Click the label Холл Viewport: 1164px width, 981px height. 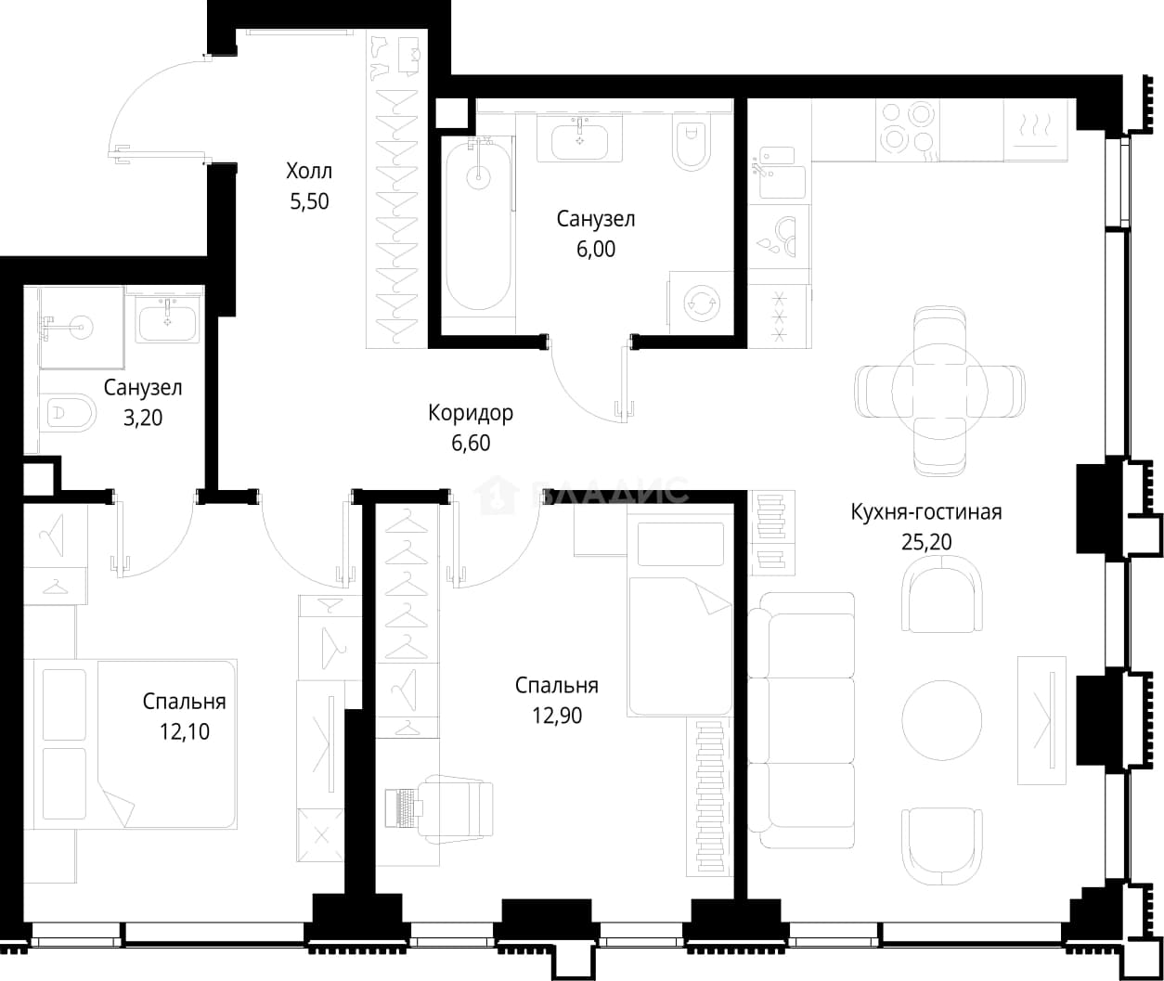click(309, 171)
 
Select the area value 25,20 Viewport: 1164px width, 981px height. click(926, 541)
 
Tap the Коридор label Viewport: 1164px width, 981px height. click(471, 413)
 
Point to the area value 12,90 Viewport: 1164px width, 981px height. click(557, 716)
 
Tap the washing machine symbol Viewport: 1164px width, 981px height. click(701, 303)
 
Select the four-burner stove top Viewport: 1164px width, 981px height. click(908, 131)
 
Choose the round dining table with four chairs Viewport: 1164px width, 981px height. click(940, 391)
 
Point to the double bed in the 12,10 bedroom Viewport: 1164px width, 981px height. click(135, 744)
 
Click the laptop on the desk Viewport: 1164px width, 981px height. click(403, 807)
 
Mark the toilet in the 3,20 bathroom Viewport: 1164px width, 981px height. click(68, 413)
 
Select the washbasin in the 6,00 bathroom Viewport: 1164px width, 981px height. click(580, 139)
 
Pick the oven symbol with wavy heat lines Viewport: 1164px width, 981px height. click(1036, 131)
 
